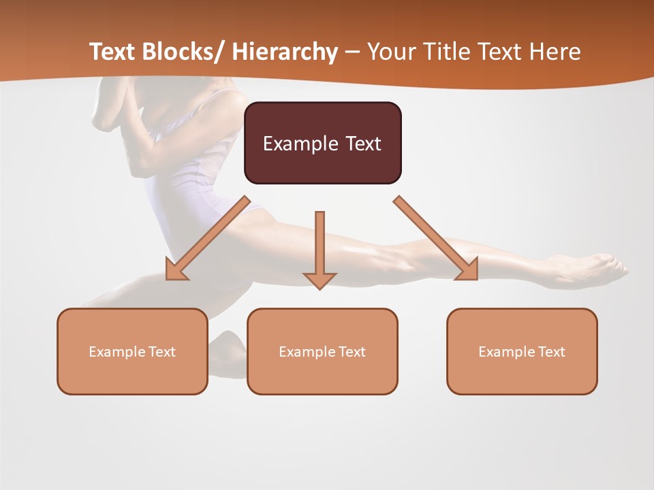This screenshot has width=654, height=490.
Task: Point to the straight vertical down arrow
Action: (x=320, y=248)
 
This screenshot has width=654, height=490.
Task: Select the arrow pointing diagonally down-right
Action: (x=436, y=238)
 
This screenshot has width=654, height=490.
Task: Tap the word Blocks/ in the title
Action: (x=184, y=52)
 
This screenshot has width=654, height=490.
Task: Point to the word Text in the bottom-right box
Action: (x=550, y=352)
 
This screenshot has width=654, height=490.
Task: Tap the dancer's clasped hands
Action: (x=109, y=102)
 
